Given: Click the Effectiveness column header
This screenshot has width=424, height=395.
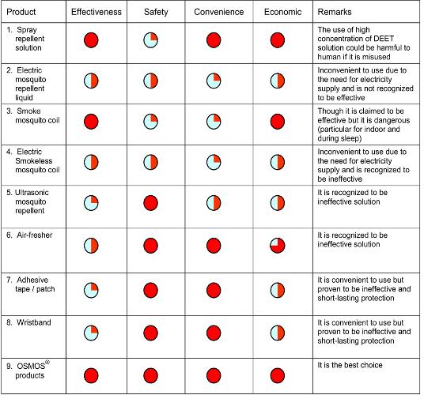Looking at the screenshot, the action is pos(97,12).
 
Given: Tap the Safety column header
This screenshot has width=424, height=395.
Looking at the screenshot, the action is pos(156,12).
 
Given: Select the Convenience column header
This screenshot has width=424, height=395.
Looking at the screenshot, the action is pos(219,12).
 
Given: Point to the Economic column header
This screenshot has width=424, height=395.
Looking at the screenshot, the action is pos(282,12).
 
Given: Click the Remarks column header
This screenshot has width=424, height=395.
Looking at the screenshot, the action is pos(335,12).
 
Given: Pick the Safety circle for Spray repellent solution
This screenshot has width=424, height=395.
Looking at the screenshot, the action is pos(150,40).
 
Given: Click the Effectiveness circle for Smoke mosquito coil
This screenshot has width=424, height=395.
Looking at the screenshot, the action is pos(91,122).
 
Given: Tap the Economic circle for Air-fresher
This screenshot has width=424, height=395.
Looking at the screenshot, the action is pos(278,246).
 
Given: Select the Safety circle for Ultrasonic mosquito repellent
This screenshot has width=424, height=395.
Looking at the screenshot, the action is pos(150,203).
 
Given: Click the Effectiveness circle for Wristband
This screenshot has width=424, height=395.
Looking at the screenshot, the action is pos(91,333).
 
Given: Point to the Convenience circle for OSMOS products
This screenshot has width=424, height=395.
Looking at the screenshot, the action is pos(214,375).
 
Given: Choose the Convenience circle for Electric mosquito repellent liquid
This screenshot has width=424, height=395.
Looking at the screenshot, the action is pos(214,81).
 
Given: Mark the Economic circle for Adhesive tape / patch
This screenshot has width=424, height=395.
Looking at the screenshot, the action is pos(278,290).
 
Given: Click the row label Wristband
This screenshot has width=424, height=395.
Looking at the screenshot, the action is pos(34,322).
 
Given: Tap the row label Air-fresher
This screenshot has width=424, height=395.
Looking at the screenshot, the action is pos(35,235).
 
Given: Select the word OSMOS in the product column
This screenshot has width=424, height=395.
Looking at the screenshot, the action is pos(31,366).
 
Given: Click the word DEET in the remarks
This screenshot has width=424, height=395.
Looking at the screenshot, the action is pos(384,39).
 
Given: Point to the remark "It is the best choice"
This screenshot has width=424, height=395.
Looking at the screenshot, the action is pos(350,365).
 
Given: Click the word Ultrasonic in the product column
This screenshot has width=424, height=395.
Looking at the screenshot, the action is pos(32,193).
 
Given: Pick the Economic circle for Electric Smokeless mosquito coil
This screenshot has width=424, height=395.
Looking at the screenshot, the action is pos(278,162).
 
